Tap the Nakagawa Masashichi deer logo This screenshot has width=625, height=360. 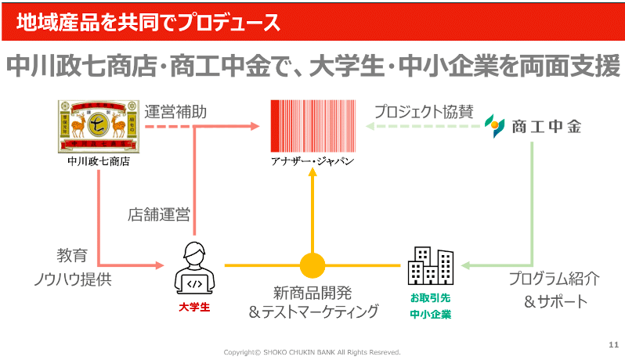[x=98, y=125]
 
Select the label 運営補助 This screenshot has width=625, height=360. [x=176, y=111]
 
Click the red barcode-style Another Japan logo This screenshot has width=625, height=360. [x=312, y=126]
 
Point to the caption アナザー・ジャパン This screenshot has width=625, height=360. [x=312, y=161]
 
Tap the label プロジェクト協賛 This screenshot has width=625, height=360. [x=423, y=111]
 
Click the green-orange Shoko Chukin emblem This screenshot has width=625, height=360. [x=494, y=126]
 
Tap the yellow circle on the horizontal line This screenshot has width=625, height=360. [x=312, y=265]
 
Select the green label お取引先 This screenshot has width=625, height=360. [x=431, y=297]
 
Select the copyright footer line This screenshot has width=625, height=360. [x=312, y=352]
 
